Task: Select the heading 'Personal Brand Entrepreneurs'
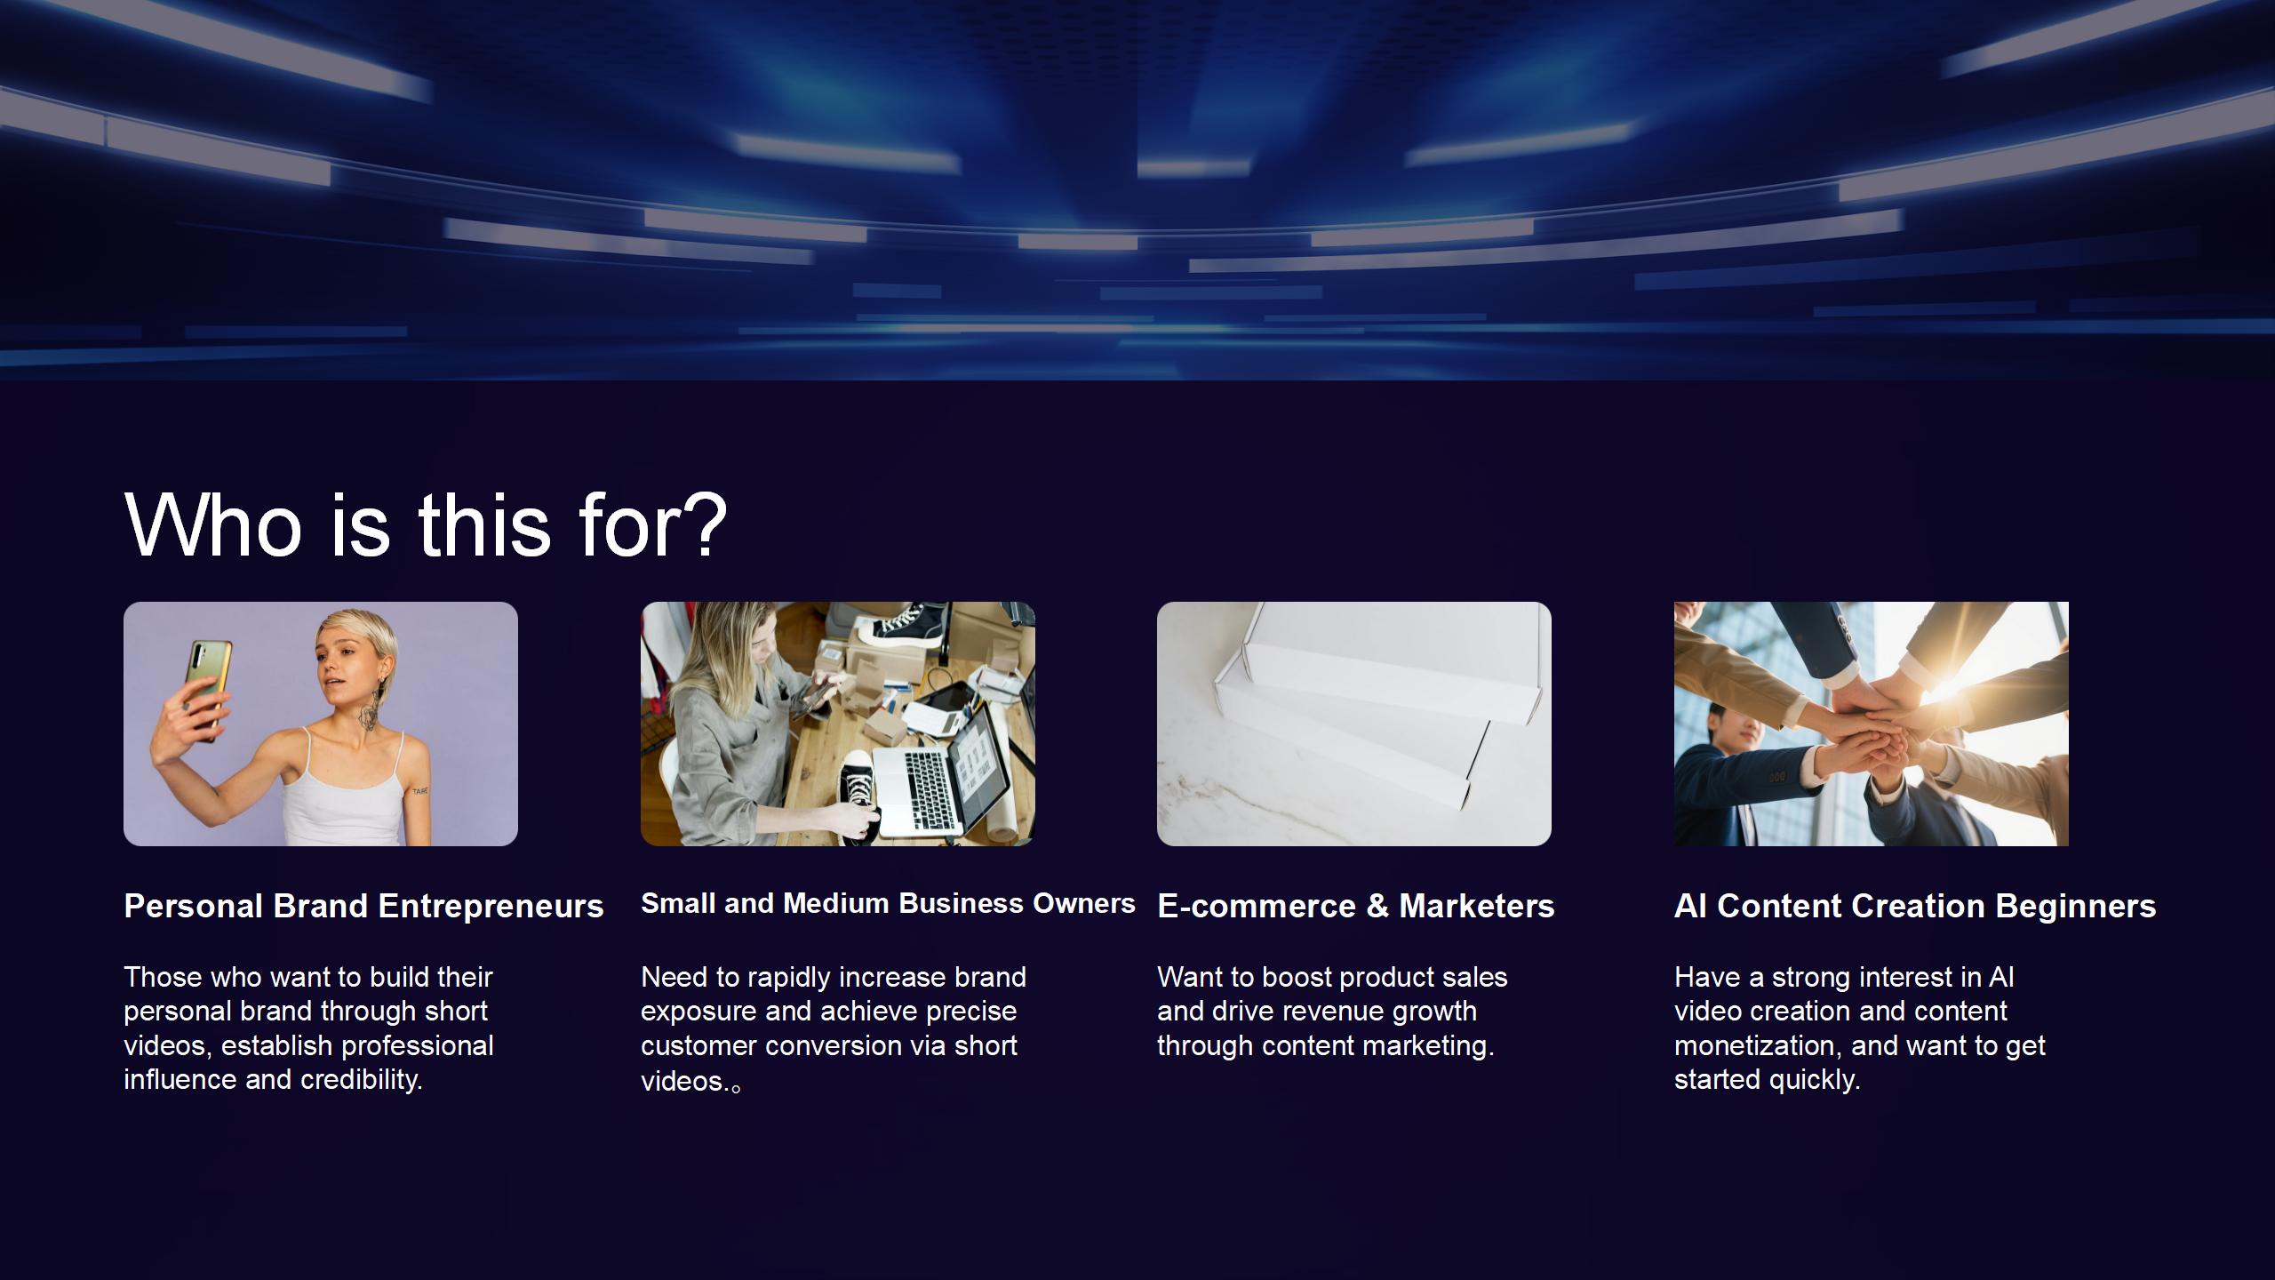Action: point(363,907)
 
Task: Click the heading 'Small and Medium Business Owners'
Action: point(888,904)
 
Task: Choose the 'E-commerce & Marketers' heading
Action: point(1356,907)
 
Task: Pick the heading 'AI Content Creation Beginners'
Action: point(1915,907)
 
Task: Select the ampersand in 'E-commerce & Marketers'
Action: point(1377,907)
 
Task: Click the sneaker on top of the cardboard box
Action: point(905,620)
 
